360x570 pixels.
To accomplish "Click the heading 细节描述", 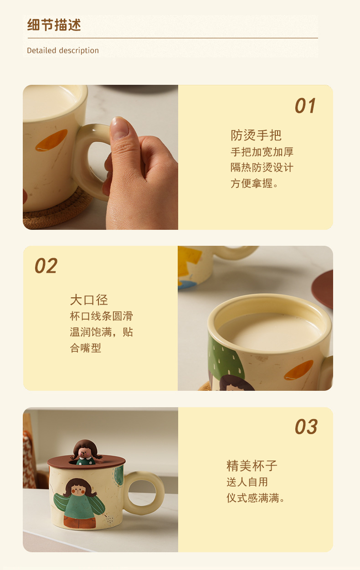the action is point(54,25).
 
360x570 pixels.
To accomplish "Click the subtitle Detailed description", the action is point(63,50).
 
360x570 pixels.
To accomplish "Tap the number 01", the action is point(305,106).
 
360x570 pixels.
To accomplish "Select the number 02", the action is point(46,266).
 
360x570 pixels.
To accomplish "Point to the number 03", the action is point(306,427).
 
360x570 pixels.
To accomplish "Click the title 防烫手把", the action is point(256,135).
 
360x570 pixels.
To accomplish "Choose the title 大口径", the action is point(89,300).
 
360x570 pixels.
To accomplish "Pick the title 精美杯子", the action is point(252,466).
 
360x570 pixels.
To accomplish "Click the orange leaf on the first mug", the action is point(51,140).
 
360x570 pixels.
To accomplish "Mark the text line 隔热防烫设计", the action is point(262,167).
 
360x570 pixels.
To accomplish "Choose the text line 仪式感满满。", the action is point(256,498).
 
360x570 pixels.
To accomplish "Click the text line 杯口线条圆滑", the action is point(102,316).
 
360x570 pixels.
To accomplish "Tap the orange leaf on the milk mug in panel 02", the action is point(298,370).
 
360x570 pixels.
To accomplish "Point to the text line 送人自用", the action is point(247,482).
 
